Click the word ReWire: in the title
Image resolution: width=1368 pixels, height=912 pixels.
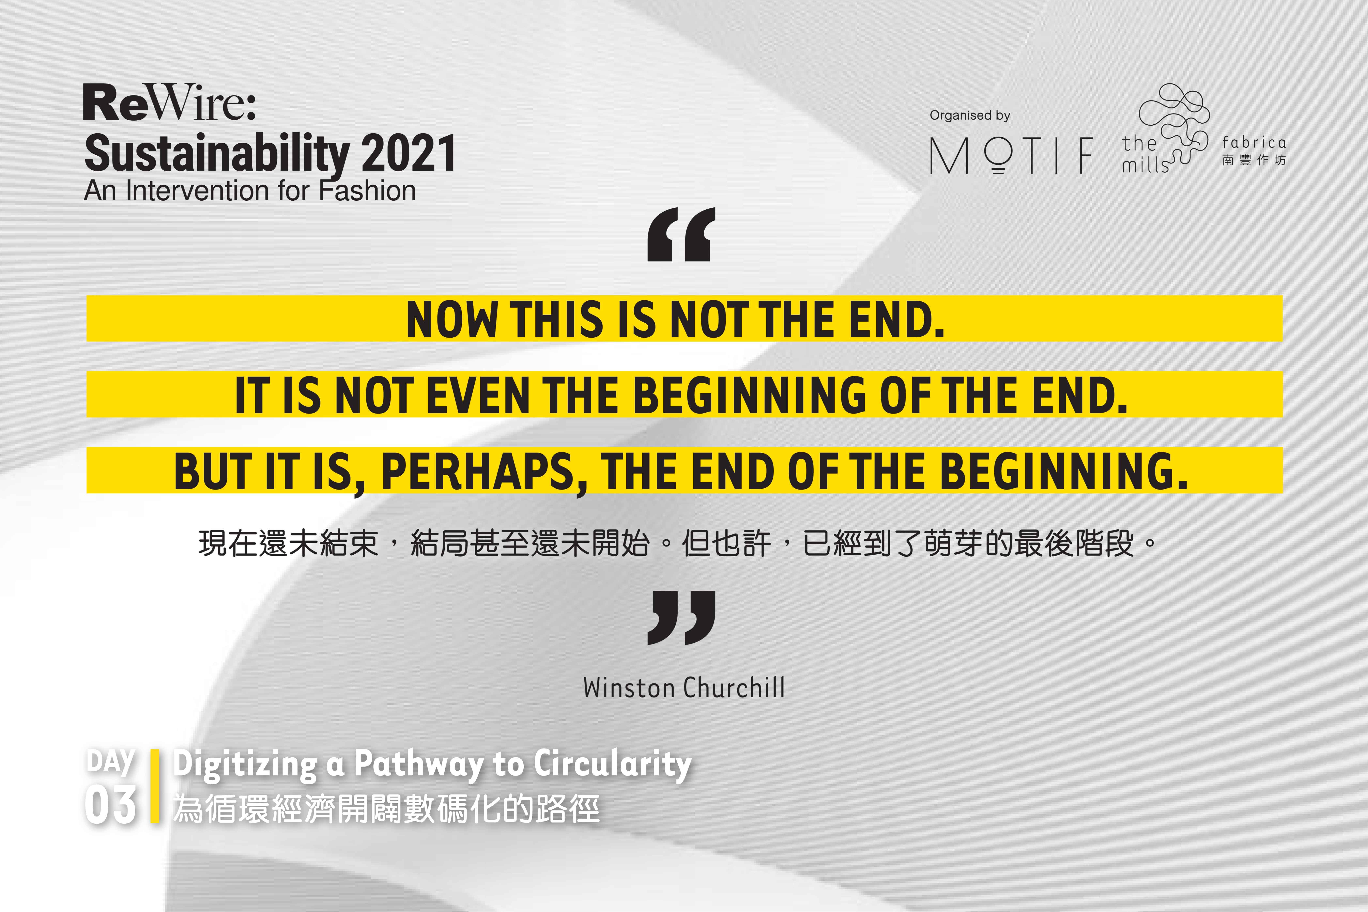click(x=169, y=103)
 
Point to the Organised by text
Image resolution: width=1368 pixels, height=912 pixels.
click(x=970, y=115)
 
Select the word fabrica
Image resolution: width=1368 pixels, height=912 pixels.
click(x=1254, y=142)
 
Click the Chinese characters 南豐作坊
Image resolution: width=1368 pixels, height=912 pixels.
click(x=1254, y=160)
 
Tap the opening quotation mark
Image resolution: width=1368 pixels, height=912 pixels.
click(x=681, y=234)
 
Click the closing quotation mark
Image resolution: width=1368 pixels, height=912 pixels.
click(x=681, y=618)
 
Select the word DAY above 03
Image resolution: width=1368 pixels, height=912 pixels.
click(x=110, y=762)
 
